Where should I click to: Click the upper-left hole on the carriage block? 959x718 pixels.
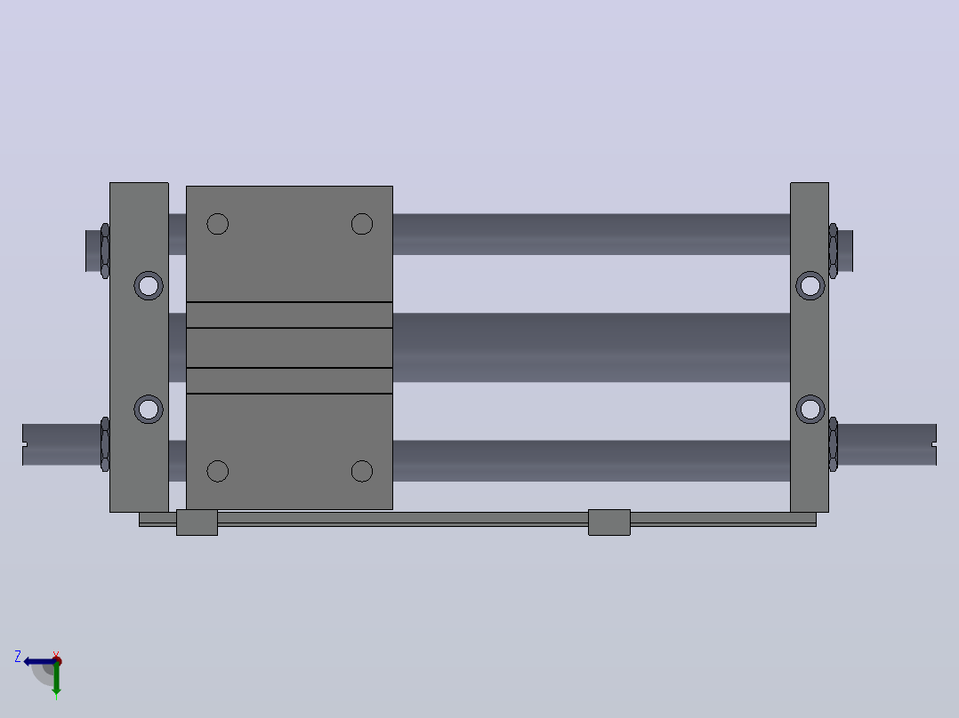click(218, 224)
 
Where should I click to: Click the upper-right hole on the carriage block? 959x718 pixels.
click(362, 224)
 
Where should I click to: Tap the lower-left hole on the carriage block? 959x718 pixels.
click(218, 471)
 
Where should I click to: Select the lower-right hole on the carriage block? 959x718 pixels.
click(362, 471)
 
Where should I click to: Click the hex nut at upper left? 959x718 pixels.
click(105, 251)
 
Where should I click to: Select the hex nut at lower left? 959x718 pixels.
click(105, 444)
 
